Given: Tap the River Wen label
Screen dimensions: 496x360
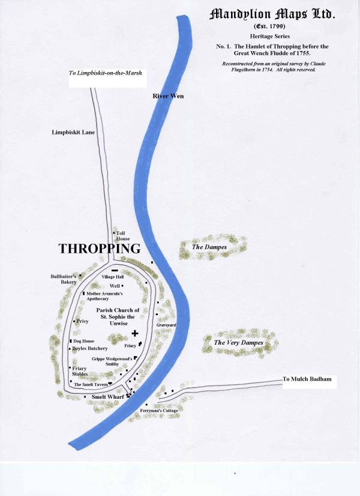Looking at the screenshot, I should (x=167, y=96).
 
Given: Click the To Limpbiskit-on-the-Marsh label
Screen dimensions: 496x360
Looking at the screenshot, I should (x=108, y=73).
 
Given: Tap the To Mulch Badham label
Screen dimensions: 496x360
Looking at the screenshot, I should (x=307, y=380).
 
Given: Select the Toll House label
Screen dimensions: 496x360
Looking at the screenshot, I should (x=123, y=235).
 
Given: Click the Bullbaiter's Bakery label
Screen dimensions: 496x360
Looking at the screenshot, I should (x=65, y=279).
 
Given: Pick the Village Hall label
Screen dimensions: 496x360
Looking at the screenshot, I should (x=113, y=277).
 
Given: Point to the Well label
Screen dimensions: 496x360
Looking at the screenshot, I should (x=115, y=286).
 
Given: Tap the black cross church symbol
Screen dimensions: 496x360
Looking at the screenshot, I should (x=135, y=333).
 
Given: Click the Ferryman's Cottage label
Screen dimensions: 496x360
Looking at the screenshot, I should (x=159, y=411).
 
